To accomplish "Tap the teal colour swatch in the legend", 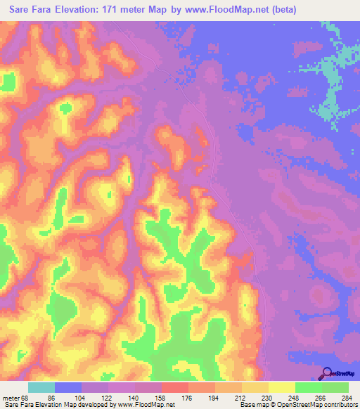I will tap(41, 388).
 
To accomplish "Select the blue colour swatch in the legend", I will tap(68, 388).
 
